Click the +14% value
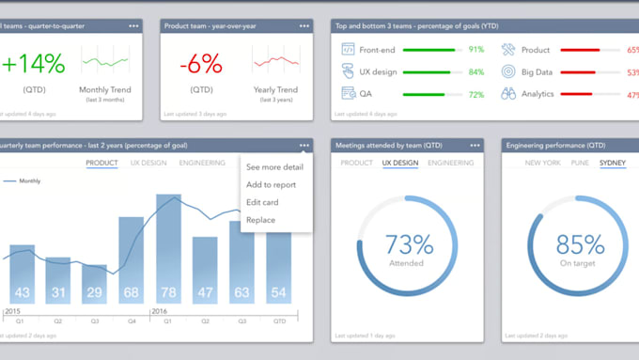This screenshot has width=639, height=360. [34, 64]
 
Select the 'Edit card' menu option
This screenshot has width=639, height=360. [262, 202]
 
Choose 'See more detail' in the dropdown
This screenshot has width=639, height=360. [274, 166]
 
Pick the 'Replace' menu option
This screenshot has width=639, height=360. [260, 220]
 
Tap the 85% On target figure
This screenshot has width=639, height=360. [579, 245]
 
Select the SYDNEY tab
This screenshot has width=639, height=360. [613, 163]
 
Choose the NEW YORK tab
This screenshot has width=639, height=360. [543, 163]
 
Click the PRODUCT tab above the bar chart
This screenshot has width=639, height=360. [101, 163]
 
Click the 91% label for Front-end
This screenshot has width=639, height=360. [476, 49]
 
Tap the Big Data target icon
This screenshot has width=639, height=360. [508, 71]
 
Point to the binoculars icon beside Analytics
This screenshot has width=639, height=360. [508, 94]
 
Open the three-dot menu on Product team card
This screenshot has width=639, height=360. [304, 26]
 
